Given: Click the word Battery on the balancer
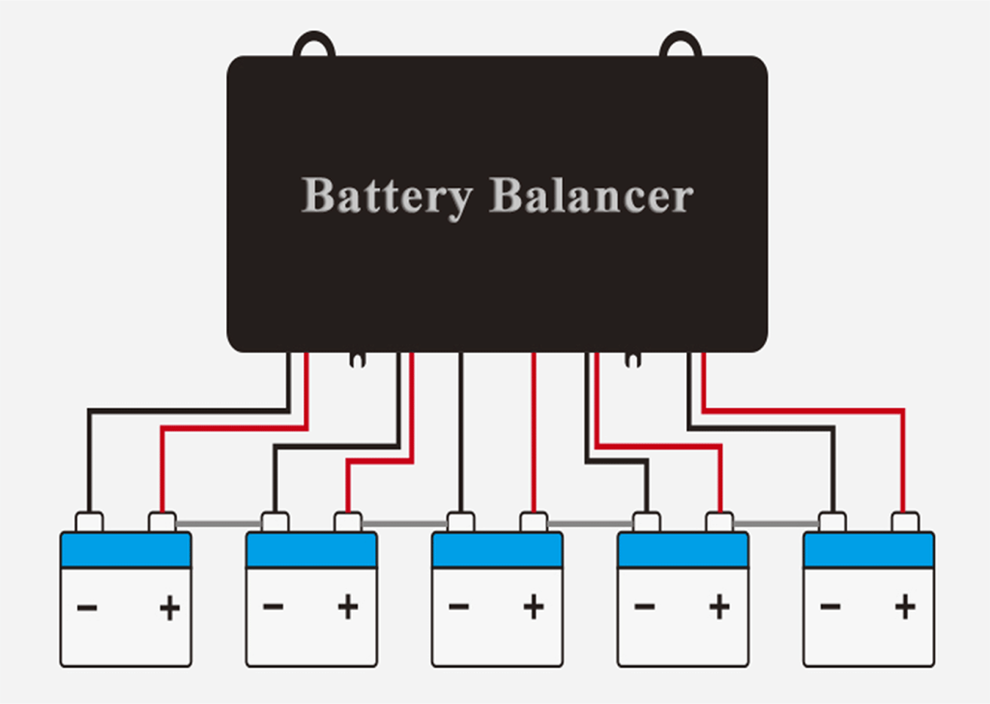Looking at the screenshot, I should coord(386,196).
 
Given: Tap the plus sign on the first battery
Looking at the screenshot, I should coord(169,608).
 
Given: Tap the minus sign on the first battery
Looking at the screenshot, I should coord(87,608).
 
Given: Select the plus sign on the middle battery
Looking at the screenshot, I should coord(533,608).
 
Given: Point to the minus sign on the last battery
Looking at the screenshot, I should coord(830,608).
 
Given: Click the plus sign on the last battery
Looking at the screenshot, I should coord(905,608).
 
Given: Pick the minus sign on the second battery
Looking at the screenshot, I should coord(273,608).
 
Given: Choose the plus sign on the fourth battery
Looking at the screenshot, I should coord(718,608).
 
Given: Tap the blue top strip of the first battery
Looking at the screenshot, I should coord(126,550).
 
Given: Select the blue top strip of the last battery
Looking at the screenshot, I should coord(868,550).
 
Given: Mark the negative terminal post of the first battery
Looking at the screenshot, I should coord(89,522).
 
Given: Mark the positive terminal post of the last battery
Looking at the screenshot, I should coord(904,522).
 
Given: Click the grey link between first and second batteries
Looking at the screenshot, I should coord(218,524).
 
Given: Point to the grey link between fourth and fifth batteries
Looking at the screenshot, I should coord(774,524).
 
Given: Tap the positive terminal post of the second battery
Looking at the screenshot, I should coord(347,522).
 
